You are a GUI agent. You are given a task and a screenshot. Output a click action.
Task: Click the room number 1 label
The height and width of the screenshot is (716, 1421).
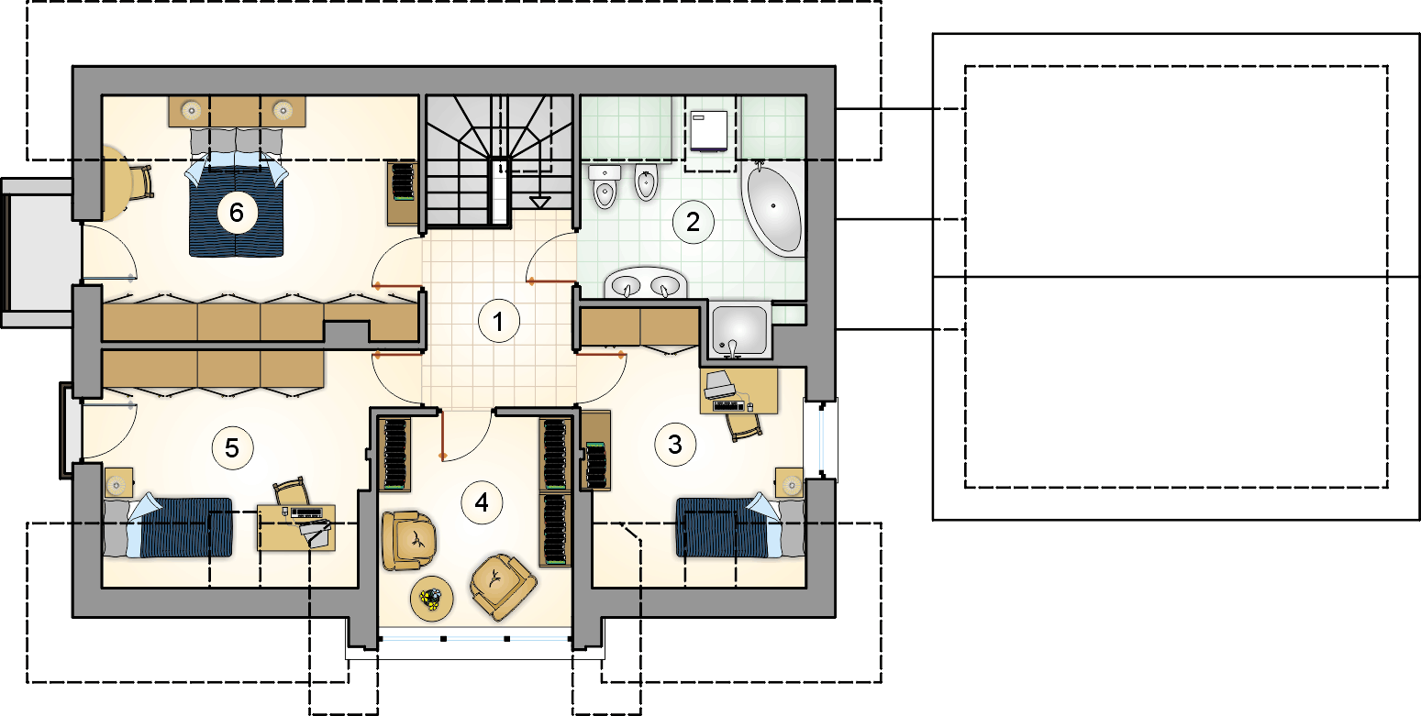pyautogui.click(x=499, y=322)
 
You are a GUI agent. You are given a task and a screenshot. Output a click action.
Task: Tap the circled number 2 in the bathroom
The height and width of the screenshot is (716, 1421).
pyautogui.click(x=693, y=222)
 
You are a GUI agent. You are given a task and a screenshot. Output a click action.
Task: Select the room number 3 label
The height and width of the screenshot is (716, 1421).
pyautogui.click(x=675, y=445)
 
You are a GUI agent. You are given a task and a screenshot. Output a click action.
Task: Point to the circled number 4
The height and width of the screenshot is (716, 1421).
pyautogui.click(x=483, y=502)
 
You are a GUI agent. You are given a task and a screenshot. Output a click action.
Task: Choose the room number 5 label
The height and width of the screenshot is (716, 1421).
pyautogui.click(x=232, y=447)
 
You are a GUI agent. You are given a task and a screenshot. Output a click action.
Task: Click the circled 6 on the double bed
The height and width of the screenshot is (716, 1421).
pyautogui.click(x=237, y=213)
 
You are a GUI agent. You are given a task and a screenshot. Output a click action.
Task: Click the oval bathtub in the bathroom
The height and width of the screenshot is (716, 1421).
pyautogui.click(x=773, y=208)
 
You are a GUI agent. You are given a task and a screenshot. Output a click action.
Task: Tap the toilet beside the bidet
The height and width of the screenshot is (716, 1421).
pyautogui.click(x=605, y=186)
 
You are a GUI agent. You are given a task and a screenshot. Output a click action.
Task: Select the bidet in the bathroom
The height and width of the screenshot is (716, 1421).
pyautogui.click(x=646, y=182)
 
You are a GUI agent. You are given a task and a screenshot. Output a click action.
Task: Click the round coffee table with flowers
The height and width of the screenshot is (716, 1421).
pyautogui.click(x=432, y=598)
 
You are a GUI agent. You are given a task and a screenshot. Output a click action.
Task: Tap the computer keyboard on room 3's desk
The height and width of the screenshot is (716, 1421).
pyautogui.click(x=729, y=405)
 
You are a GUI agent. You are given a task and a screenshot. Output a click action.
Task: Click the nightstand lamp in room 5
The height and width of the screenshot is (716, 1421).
pyautogui.click(x=117, y=486)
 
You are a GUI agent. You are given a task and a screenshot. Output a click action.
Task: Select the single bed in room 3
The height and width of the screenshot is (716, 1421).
pyautogui.click(x=740, y=527)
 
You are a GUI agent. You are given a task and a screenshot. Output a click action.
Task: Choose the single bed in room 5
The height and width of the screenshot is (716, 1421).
pyautogui.click(x=168, y=527)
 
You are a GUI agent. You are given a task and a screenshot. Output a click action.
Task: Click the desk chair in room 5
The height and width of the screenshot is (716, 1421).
pyautogui.click(x=293, y=492)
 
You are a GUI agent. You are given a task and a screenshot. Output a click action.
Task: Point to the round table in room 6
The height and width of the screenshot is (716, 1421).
pyautogui.click(x=117, y=183)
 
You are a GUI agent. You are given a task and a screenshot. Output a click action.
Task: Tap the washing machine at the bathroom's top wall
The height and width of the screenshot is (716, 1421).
pyautogui.click(x=708, y=132)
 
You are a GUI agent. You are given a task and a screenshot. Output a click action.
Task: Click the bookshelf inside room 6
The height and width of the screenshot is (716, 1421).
pyautogui.click(x=402, y=193)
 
